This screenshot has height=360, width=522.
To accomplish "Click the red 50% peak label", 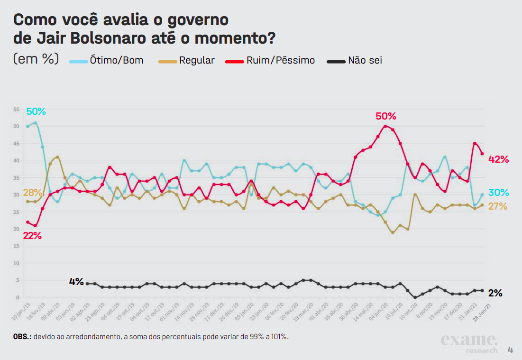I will click(x=385, y=116).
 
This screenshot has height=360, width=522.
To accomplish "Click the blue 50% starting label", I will click(x=36, y=111).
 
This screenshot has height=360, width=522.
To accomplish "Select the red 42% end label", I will click(x=498, y=159).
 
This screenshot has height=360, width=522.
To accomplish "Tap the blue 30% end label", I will click(x=498, y=193).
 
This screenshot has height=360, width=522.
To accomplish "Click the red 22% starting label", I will click(x=32, y=236).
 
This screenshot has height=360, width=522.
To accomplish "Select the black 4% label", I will click(x=76, y=281).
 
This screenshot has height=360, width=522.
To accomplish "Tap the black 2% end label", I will click(x=495, y=293).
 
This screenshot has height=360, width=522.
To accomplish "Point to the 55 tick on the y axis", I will click(x=16, y=109).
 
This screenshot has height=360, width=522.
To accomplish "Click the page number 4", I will click(x=510, y=350).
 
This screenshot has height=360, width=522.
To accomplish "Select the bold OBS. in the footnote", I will click(x=22, y=337).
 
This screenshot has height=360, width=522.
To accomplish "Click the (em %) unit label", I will click(x=36, y=59).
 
